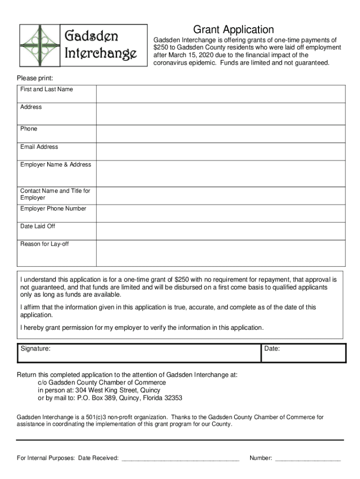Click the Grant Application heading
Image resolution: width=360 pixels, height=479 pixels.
point(234,30)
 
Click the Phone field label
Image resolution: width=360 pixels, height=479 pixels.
point(29,129)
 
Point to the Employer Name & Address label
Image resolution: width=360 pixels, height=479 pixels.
point(56,165)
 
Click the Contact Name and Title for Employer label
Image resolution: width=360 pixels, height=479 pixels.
point(55,194)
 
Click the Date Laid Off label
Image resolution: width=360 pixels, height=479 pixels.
point(37,226)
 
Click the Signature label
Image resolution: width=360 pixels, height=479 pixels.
point(36,348)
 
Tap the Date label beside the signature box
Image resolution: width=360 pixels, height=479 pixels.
point(272,348)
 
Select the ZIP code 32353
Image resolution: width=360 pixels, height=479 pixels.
point(172,398)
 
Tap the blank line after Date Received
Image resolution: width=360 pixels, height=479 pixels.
point(180,458)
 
